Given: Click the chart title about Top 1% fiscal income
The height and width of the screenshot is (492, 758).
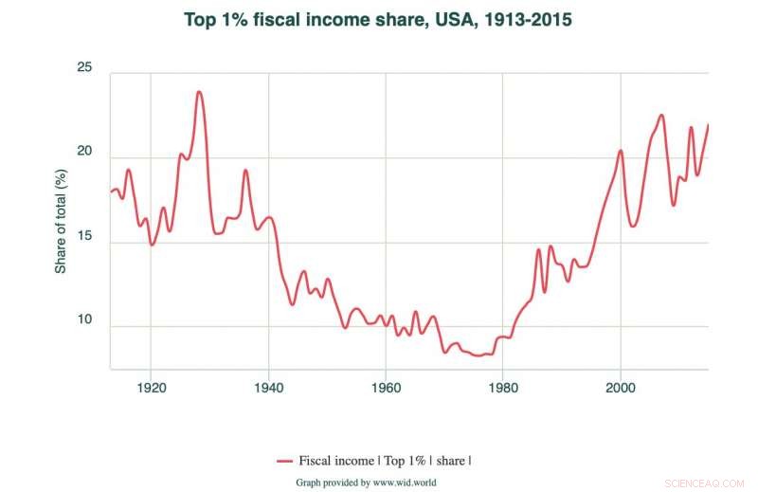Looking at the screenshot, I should (x=379, y=19).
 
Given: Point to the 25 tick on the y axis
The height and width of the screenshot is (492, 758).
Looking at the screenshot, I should (x=84, y=67).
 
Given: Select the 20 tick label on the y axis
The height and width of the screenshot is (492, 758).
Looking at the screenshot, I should (x=84, y=152).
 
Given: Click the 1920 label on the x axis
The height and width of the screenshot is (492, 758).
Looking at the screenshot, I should (x=151, y=388).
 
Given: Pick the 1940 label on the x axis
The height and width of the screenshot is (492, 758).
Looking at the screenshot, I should (x=268, y=388).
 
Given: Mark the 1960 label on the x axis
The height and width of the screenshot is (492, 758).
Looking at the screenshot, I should (x=386, y=388).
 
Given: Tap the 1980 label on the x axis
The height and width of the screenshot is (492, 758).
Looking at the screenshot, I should (x=503, y=388).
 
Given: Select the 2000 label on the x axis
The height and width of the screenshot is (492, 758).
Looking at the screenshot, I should (x=621, y=388).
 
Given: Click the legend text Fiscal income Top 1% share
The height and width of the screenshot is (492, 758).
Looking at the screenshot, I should (x=385, y=461).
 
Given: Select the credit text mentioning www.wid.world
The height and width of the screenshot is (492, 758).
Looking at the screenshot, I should (x=366, y=482).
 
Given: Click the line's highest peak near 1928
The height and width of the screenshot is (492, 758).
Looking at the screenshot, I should (x=199, y=92).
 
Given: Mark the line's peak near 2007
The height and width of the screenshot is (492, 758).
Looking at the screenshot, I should (x=661, y=116).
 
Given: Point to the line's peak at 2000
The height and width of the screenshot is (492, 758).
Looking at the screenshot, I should (x=621, y=151).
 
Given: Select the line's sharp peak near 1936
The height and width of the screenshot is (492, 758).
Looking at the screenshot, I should (x=245, y=171).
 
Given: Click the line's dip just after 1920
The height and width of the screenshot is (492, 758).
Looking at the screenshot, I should (x=152, y=245).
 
